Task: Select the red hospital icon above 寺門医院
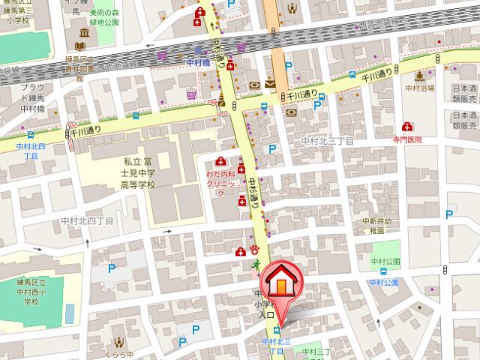tap(407, 127)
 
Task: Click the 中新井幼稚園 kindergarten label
tap(378, 226)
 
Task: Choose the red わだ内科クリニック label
tap(225, 181)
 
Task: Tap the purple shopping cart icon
tap(192, 95)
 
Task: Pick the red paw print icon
tap(254, 250)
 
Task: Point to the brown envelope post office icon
tap(269, 84)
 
